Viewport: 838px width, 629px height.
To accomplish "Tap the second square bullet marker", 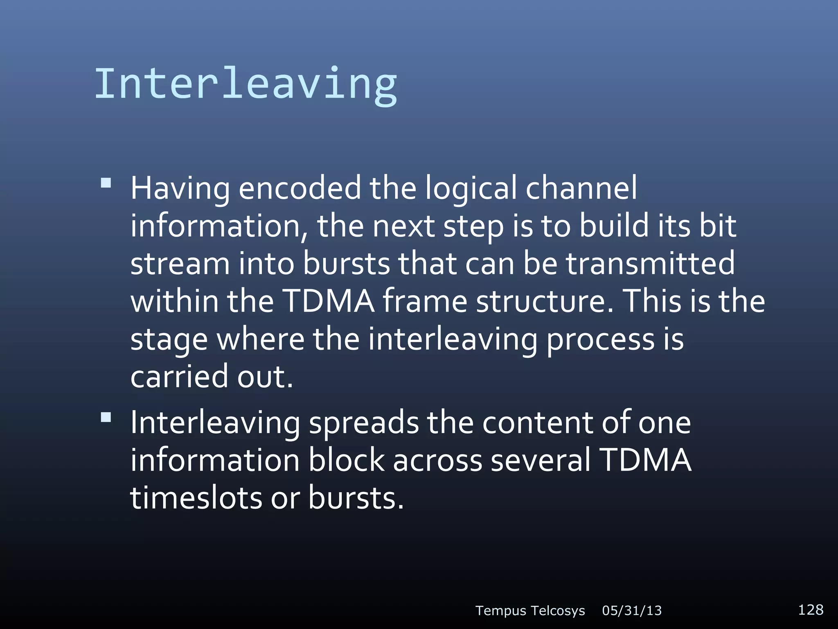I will pyautogui.click(x=106, y=417).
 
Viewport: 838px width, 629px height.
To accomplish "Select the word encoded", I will pyautogui.click(x=300, y=188).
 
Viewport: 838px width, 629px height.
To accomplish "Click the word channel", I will pyautogui.click(x=581, y=188).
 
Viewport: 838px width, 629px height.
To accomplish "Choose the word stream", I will pyautogui.click(x=180, y=264).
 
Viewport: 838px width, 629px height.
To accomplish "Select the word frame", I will pyautogui.click(x=425, y=301).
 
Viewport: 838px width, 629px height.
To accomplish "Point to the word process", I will pyautogui.click(x=601, y=340).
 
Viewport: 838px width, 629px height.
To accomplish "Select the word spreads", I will pyautogui.click(x=364, y=423).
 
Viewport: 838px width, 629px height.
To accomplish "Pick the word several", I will pyautogui.click(x=541, y=460).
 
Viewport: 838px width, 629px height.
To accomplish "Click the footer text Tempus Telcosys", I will pyautogui.click(x=530, y=611).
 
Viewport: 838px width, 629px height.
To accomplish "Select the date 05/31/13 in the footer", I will pyautogui.click(x=632, y=611).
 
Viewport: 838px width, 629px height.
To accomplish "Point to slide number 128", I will pyautogui.click(x=810, y=609).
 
